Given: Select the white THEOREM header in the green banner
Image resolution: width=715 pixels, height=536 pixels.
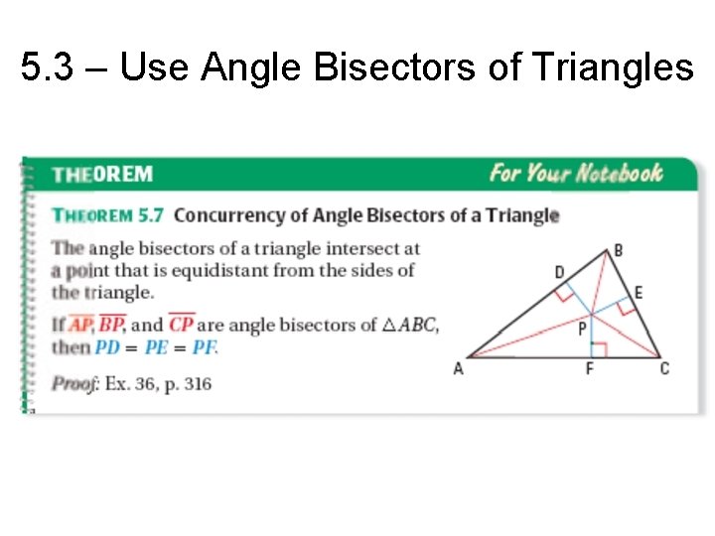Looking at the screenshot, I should click(102, 175).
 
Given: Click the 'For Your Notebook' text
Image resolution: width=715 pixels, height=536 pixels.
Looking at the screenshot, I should click(575, 174).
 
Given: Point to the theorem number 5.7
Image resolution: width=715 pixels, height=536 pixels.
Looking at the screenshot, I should click(152, 214).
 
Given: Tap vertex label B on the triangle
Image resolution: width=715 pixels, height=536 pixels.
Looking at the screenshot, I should click(618, 250).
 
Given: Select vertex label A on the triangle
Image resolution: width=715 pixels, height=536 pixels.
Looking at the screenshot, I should click(458, 369).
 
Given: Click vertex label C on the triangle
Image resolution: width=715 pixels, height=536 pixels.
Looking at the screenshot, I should click(664, 369).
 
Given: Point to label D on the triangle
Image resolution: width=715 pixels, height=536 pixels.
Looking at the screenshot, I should click(560, 272).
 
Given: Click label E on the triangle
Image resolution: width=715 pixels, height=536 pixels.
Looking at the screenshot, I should click(639, 292).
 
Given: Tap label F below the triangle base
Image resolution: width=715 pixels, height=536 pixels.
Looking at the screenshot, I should click(590, 369).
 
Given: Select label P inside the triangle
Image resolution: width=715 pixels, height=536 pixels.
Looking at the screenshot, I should click(582, 329).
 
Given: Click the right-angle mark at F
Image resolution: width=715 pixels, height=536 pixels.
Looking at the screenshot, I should click(595, 348).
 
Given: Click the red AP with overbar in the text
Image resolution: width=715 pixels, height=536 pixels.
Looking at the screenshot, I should click(79, 325).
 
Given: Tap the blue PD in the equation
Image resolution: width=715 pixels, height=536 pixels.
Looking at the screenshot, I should click(106, 347).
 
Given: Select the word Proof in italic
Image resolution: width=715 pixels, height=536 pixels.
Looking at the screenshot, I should click(74, 383).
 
